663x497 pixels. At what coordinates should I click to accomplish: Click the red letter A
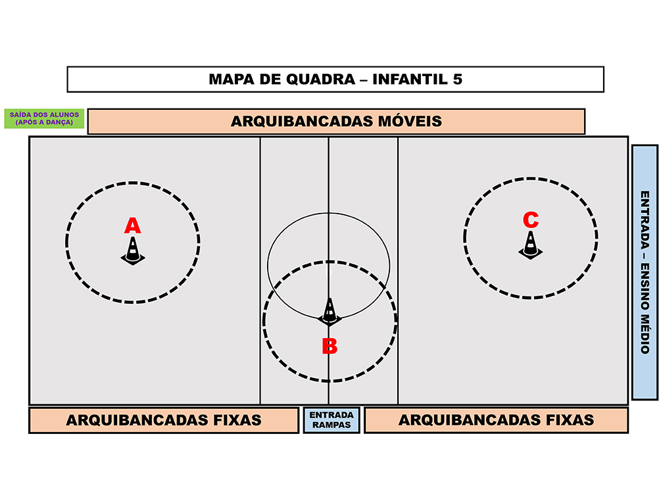[132, 225]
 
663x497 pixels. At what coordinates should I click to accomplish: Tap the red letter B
[330, 346]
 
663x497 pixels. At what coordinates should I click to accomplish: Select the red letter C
[531, 220]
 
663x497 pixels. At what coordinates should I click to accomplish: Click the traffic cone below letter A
[133, 251]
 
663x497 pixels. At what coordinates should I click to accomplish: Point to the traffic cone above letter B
[330, 312]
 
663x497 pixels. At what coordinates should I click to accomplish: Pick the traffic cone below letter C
[531, 245]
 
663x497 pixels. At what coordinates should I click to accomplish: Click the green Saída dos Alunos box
[45, 118]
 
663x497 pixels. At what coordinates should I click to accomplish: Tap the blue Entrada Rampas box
[331, 420]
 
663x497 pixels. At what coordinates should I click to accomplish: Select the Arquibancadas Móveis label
[336, 121]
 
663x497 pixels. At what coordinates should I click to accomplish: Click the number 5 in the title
[458, 80]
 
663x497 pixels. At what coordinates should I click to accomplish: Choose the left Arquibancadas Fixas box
[164, 420]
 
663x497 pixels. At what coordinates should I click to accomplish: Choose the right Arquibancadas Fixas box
[496, 420]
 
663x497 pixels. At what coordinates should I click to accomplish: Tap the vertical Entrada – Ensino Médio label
[645, 272]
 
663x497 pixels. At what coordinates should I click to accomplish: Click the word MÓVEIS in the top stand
[410, 121]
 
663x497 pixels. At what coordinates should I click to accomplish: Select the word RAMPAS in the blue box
[331, 425]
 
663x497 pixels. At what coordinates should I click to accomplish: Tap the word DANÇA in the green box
[59, 122]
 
